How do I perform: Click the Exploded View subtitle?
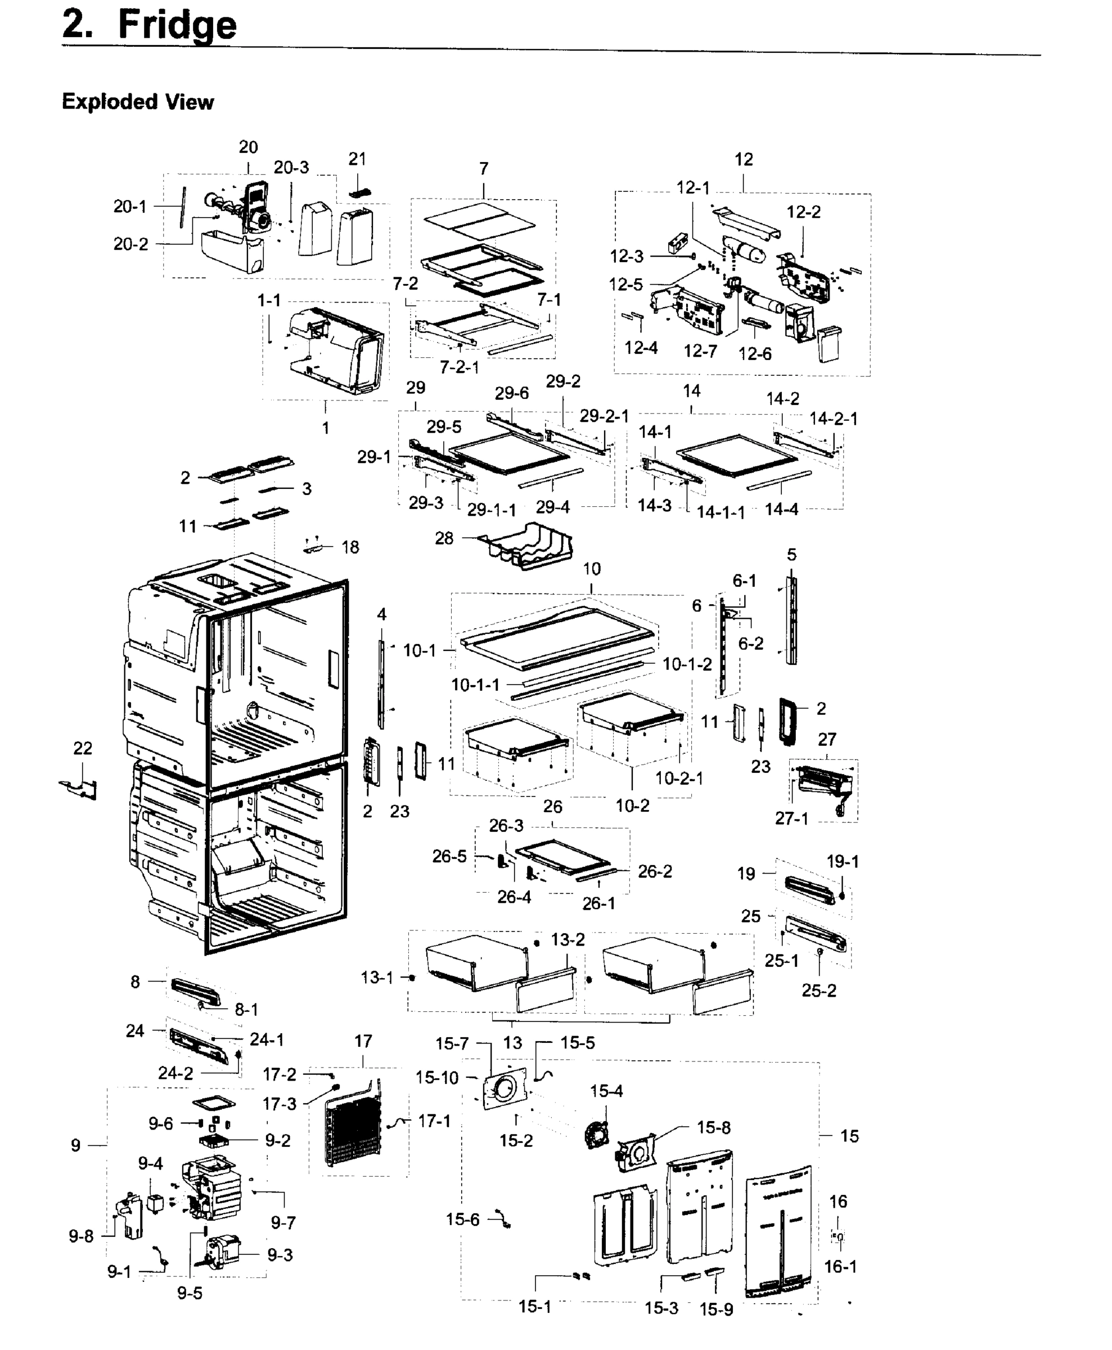coord(137,102)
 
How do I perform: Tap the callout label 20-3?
coord(291,167)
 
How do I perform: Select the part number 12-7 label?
coord(700,351)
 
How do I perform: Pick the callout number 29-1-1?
coord(491,510)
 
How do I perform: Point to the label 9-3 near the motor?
coord(280,1254)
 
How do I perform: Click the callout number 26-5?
coord(449,856)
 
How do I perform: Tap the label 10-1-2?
coord(687,664)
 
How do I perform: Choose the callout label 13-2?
coord(568,939)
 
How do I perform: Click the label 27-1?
coord(792,818)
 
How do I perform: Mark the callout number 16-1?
coord(840,1266)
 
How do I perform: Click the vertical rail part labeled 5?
coord(792,621)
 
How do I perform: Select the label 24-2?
coord(175,1073)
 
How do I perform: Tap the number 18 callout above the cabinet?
coord(350,547)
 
